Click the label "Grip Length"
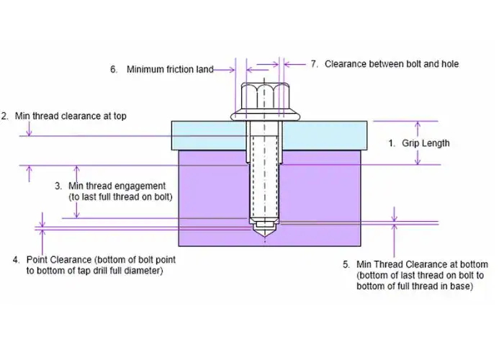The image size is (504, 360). point(426,143)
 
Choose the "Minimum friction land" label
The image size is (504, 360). point(170,70)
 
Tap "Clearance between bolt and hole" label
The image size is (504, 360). point(392,63)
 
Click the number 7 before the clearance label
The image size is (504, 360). point(314,63)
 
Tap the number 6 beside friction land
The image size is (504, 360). point(113,70)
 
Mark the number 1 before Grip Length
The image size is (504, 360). point(392,143)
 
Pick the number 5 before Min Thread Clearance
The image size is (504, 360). point(347,264)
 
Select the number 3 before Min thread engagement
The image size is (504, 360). point(58,186)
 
